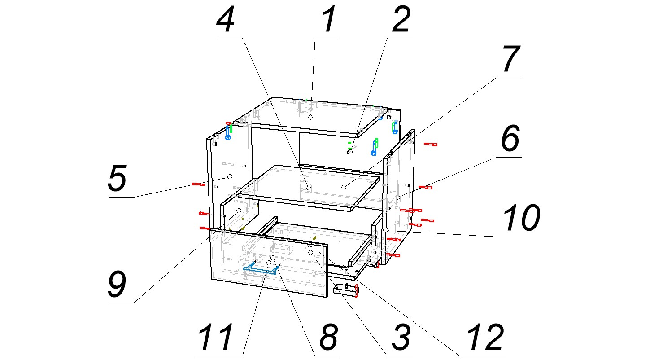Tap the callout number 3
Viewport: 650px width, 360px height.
point(400,337)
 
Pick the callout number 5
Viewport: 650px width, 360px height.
point(117,179)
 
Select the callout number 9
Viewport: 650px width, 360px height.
point(117,284)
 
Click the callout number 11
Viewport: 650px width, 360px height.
point(217,337)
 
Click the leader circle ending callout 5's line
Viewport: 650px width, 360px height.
point(230,177)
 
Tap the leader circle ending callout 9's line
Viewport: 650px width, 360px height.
point(239,211)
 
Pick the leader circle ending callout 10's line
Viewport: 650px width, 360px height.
point(386,230)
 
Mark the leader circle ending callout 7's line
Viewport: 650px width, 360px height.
point(344,187)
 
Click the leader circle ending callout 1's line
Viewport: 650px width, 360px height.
point(310,117)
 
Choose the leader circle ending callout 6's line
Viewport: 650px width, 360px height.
point(397,197)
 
